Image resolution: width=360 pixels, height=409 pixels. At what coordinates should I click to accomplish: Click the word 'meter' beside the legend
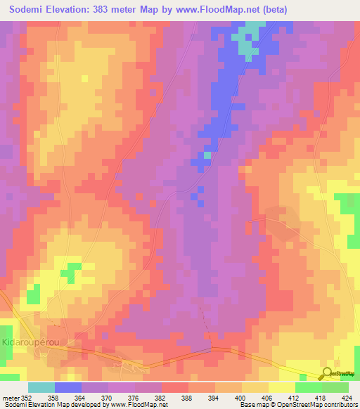pos(11,397)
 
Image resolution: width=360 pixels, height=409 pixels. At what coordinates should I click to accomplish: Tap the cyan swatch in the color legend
pos(41,387)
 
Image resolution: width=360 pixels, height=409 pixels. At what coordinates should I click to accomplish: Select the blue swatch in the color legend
pos(68,387)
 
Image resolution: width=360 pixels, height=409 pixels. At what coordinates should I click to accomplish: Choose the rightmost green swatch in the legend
pos(335,387)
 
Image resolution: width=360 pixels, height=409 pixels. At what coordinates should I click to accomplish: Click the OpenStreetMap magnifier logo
pos(327,373)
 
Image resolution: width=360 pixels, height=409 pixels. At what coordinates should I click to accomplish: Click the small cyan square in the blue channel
pos(207,155)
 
